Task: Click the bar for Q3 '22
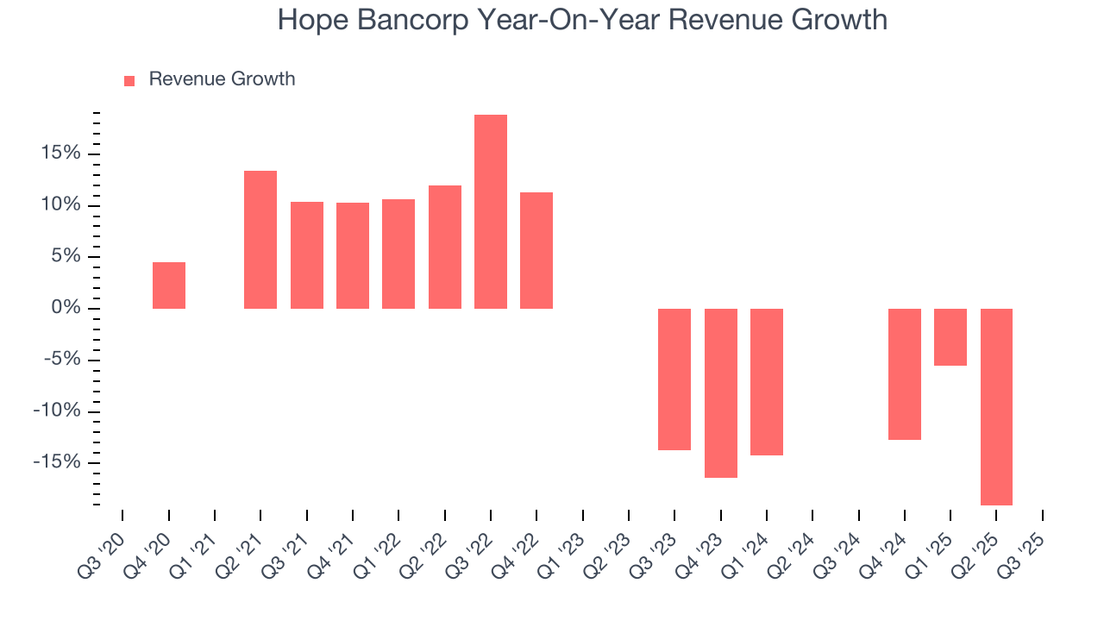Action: point(491,211)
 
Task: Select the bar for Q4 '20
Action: point(169,285)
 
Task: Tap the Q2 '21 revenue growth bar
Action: point(260,240)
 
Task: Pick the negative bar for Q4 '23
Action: point(721,392)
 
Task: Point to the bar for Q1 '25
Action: point(950,337)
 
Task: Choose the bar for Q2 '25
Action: point(996,406)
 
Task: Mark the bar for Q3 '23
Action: point(674,379)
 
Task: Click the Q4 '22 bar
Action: point(536,250)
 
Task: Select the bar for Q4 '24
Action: point(905,373)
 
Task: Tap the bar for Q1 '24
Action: point(767,381)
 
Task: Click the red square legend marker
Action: point(129,80)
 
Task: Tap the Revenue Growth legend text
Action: point(222,79)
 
